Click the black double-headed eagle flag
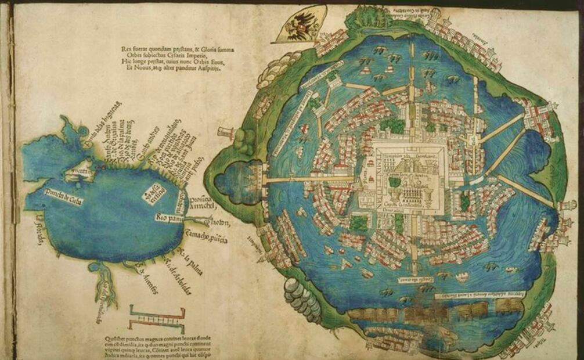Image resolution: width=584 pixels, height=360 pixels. pyautogui.click(x=301, y=27)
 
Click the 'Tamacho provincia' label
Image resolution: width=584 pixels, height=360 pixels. pyautogui.click(x=206, y=237)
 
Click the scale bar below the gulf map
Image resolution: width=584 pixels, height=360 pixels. pyautogui.click(x=157, y=316)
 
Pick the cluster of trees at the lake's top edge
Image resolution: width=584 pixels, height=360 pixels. pyautogui.click(x=367, y=17)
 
